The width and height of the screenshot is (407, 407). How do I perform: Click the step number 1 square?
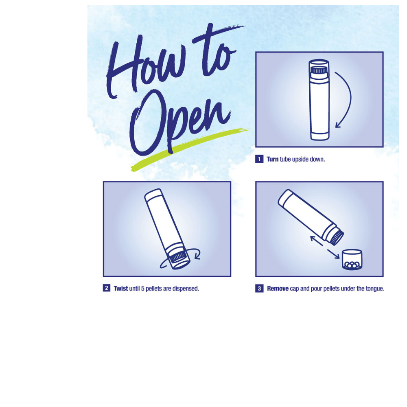click(x=259, y=159)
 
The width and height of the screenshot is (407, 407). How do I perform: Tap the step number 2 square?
click(x=106, y=288)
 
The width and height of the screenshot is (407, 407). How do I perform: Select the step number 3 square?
click(x=259, y=289)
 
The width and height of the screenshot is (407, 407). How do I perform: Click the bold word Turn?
click(x=272, y=159)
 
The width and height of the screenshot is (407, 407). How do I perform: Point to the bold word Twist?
click(x=121, y=289)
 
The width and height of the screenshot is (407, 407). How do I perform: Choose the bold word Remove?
click(x=278, y=289)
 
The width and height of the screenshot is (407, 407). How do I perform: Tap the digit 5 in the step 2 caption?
click(x=142, y=289)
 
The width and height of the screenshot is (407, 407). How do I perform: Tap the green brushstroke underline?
click(x=190, y=149)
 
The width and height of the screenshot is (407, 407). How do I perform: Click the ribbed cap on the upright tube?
click(x=319, y=70)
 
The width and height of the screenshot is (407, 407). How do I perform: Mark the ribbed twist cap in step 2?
click(x=177, y=257)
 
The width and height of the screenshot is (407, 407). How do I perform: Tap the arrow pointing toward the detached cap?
click(x=333, y=254)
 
